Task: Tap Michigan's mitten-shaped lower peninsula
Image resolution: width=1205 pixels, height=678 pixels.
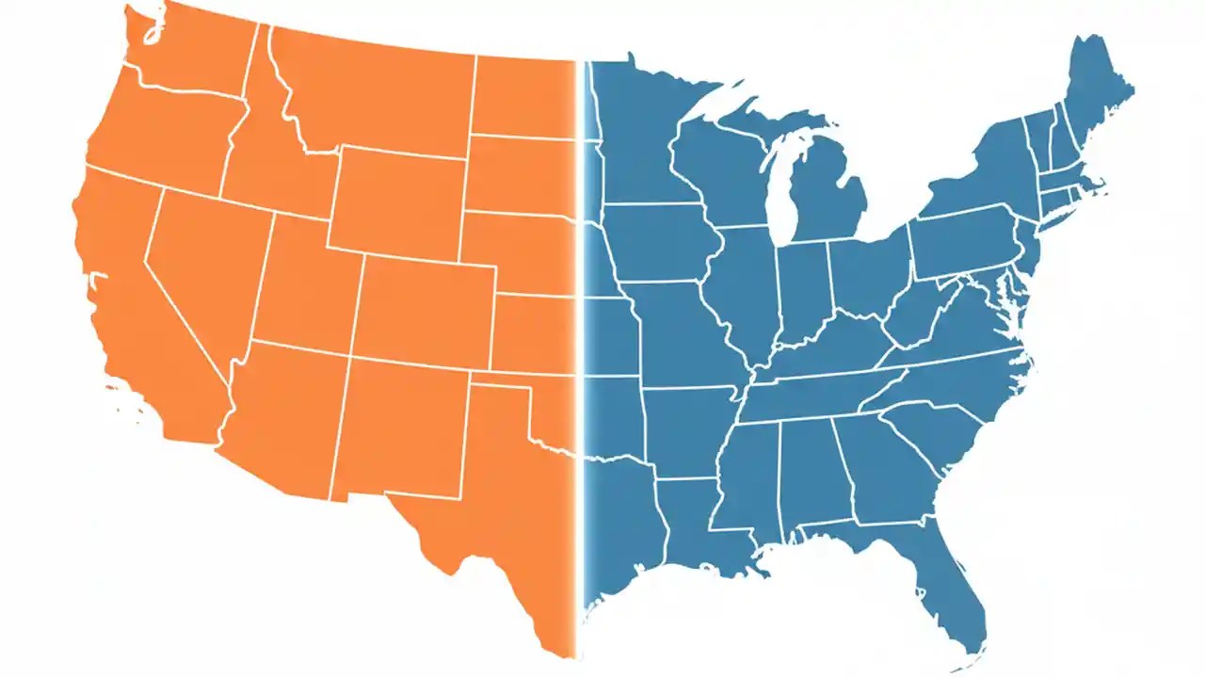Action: click(828, 193)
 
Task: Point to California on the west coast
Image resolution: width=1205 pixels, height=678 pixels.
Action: click(141, 311)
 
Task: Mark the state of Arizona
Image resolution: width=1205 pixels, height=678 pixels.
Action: click(282, 414)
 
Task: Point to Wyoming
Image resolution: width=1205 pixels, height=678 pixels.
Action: click(400, 202)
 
